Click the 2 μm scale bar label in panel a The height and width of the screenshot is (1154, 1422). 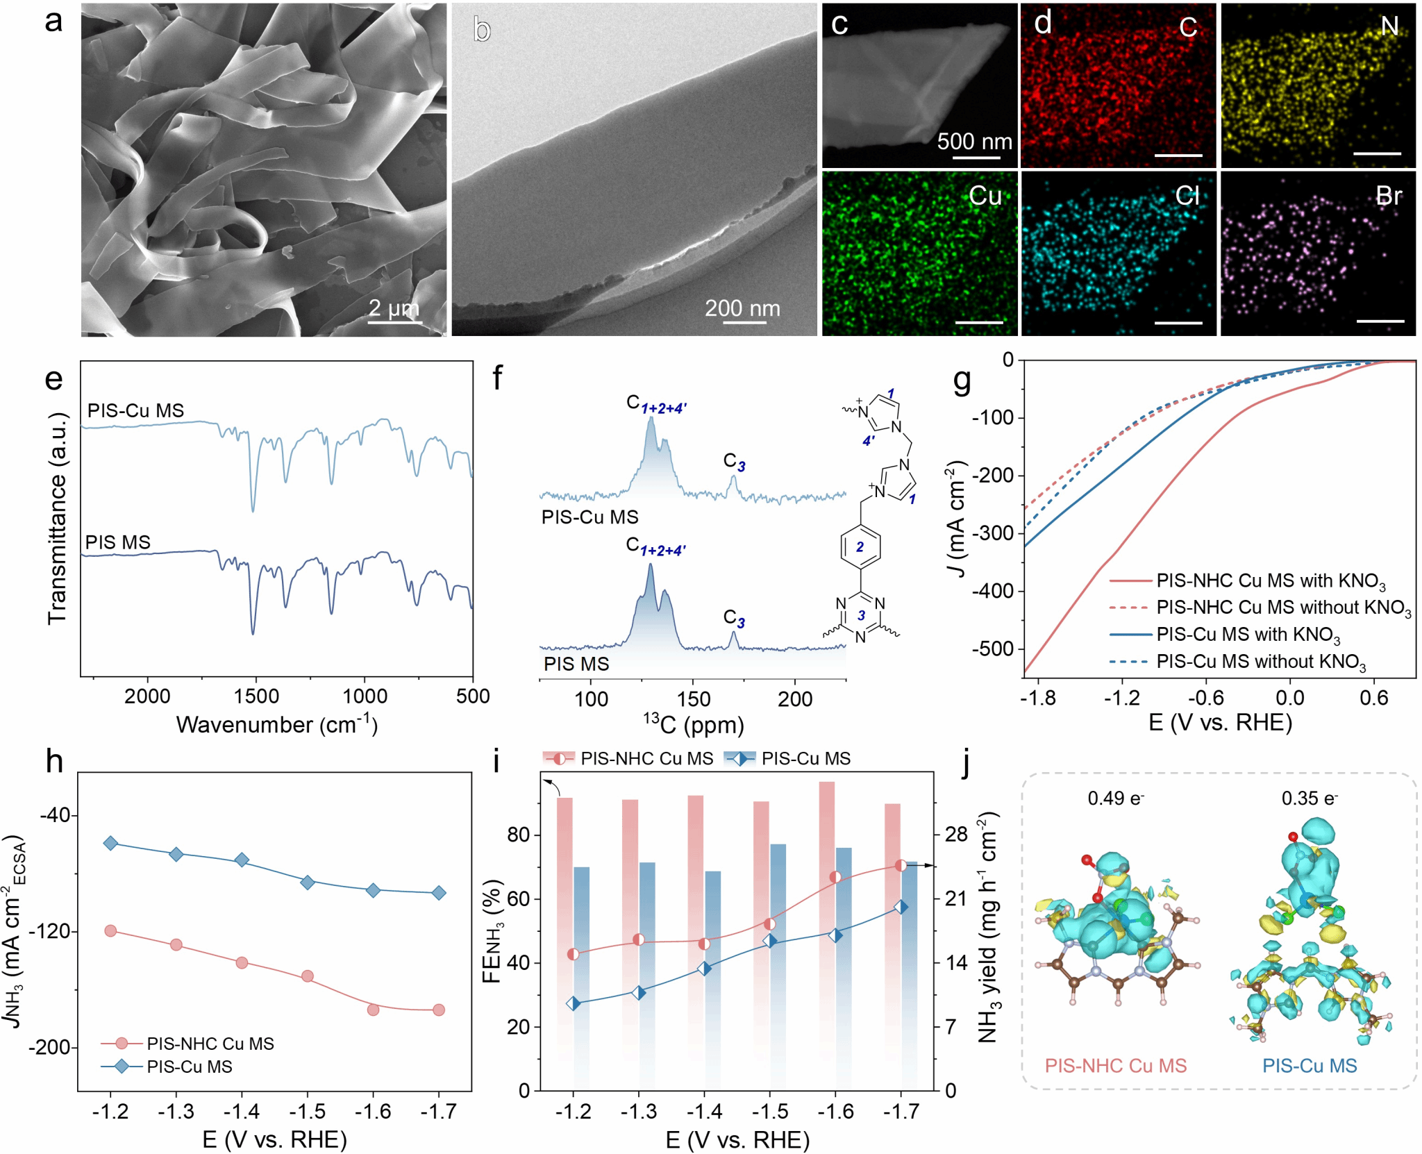click(394, 308)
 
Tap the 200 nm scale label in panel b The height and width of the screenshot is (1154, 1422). click(742, 308)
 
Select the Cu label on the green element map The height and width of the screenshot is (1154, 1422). click(985, 196)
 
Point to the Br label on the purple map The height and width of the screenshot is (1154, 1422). click(1389, 196)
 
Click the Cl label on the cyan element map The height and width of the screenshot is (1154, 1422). click(1187, 196)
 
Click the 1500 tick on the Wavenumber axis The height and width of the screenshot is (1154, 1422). click(256, 696)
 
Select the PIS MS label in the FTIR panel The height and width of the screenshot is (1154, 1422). click(118, 542)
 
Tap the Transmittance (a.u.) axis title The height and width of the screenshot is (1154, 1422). click(57, 518)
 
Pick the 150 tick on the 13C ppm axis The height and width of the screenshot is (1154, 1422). click(693, 699)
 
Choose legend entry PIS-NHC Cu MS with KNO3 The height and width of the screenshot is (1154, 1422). click(1271, 581)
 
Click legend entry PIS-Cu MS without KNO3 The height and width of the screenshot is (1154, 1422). click(1260, 662)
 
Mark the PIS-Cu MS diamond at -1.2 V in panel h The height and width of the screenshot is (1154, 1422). click(110, 843)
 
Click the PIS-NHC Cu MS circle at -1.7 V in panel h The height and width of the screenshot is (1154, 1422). click(439, 1010)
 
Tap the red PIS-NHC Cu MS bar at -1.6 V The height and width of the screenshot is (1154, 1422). click(827, 903)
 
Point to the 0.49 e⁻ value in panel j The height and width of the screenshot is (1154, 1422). click(1115, 798)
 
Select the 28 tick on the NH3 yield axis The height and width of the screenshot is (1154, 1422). click(956, 835)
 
